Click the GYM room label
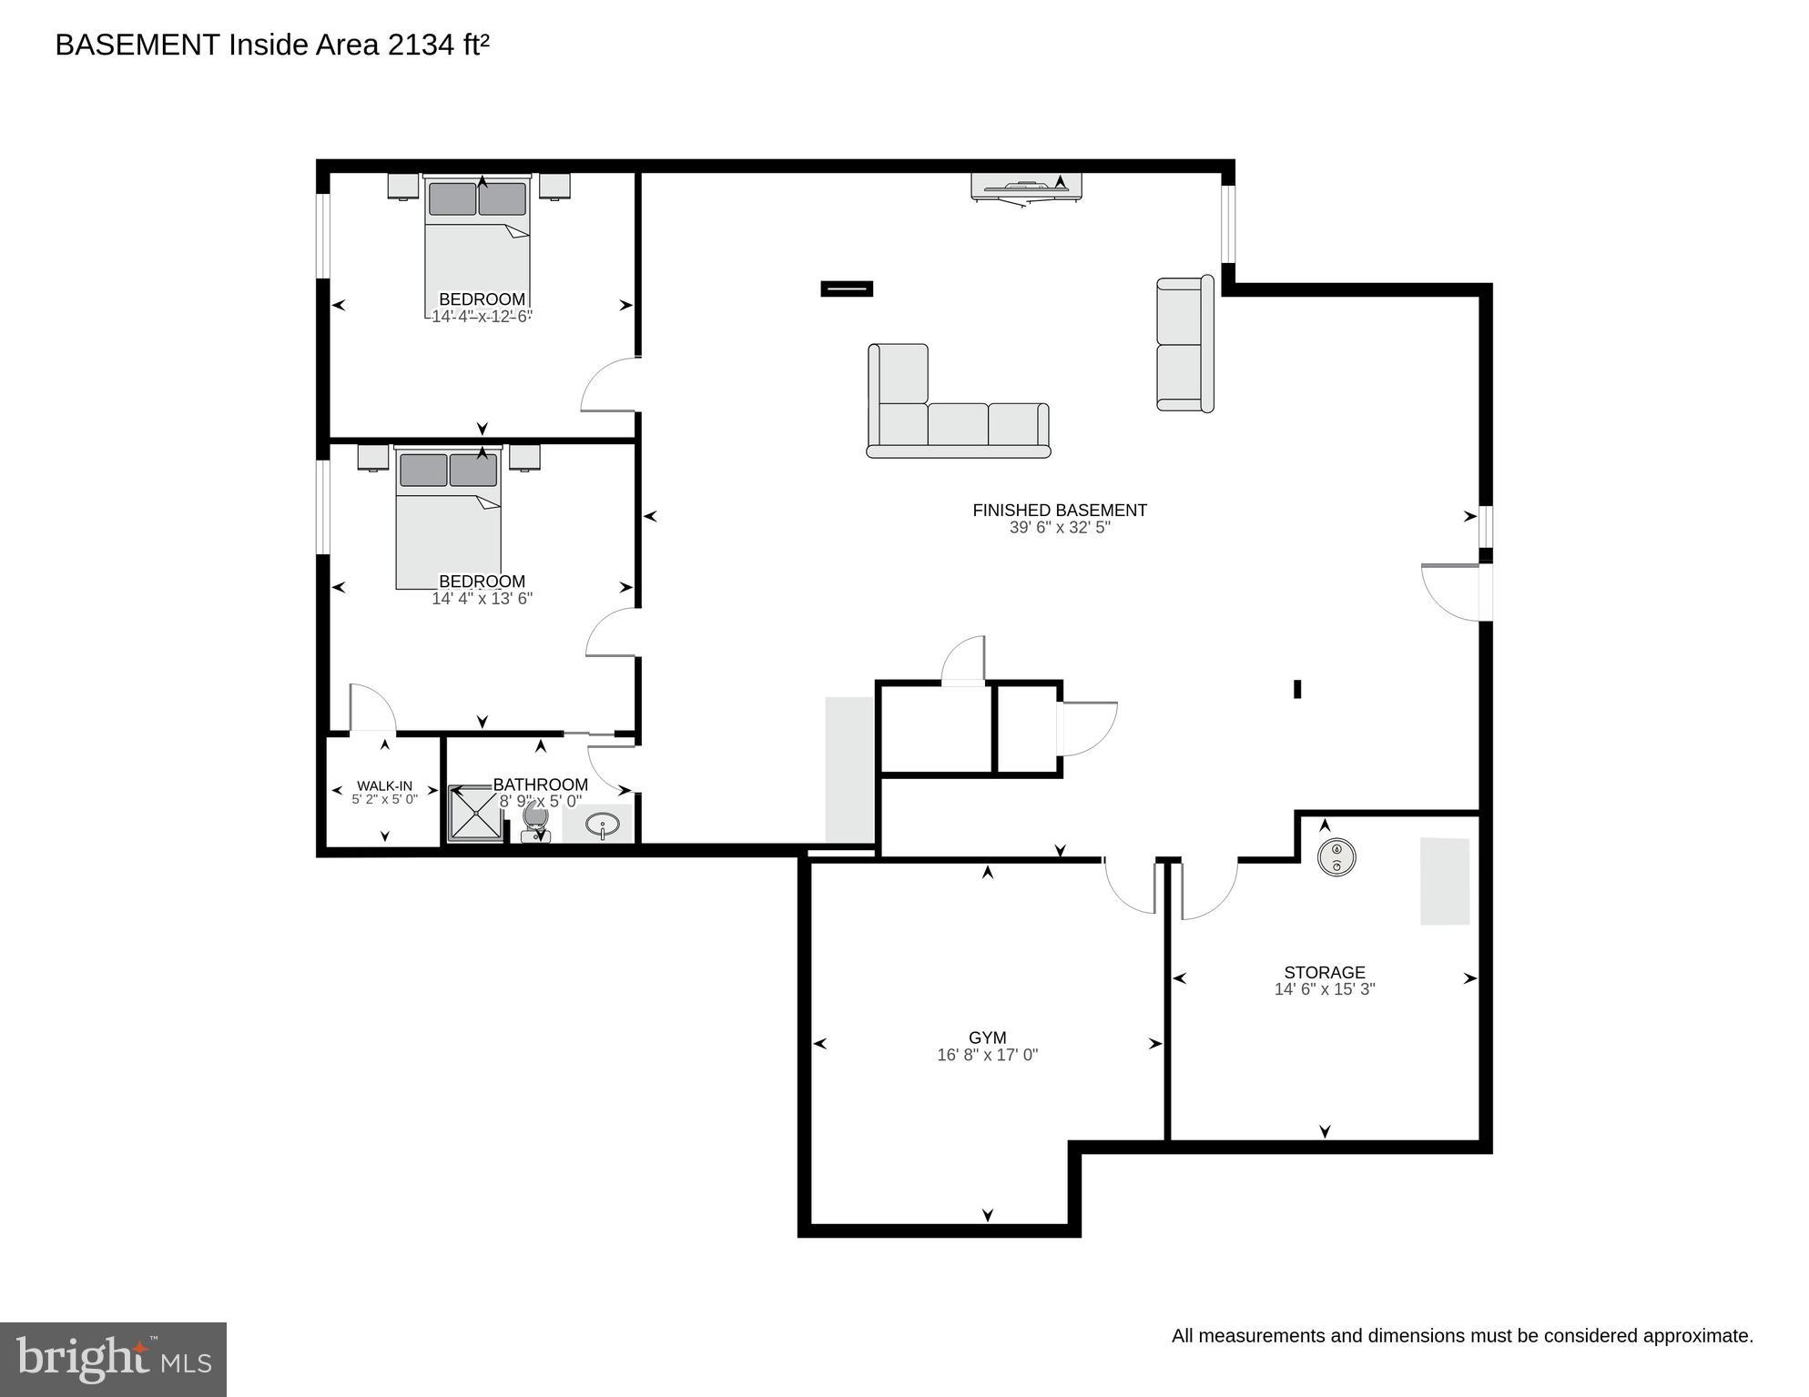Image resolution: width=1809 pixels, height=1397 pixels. click(987, 1038)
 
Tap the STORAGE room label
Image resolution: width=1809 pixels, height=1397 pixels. click(1324, 972)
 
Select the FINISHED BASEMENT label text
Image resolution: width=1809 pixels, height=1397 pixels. click(1059, 511)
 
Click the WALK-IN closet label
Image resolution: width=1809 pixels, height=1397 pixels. click(384, 785)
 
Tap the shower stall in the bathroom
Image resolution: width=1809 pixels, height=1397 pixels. click(475, 813)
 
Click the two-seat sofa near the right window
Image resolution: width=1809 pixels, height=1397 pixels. click(1184, 344)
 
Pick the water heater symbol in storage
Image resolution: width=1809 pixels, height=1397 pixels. click(1336, 856)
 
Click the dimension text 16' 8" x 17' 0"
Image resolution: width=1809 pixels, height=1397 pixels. click(987, 1056)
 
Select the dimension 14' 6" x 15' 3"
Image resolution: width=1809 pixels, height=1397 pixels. click(1324, 989)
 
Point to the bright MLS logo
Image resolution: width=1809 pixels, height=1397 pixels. click(113, 1359)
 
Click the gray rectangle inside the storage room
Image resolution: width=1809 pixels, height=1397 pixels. click(1445, 881)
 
